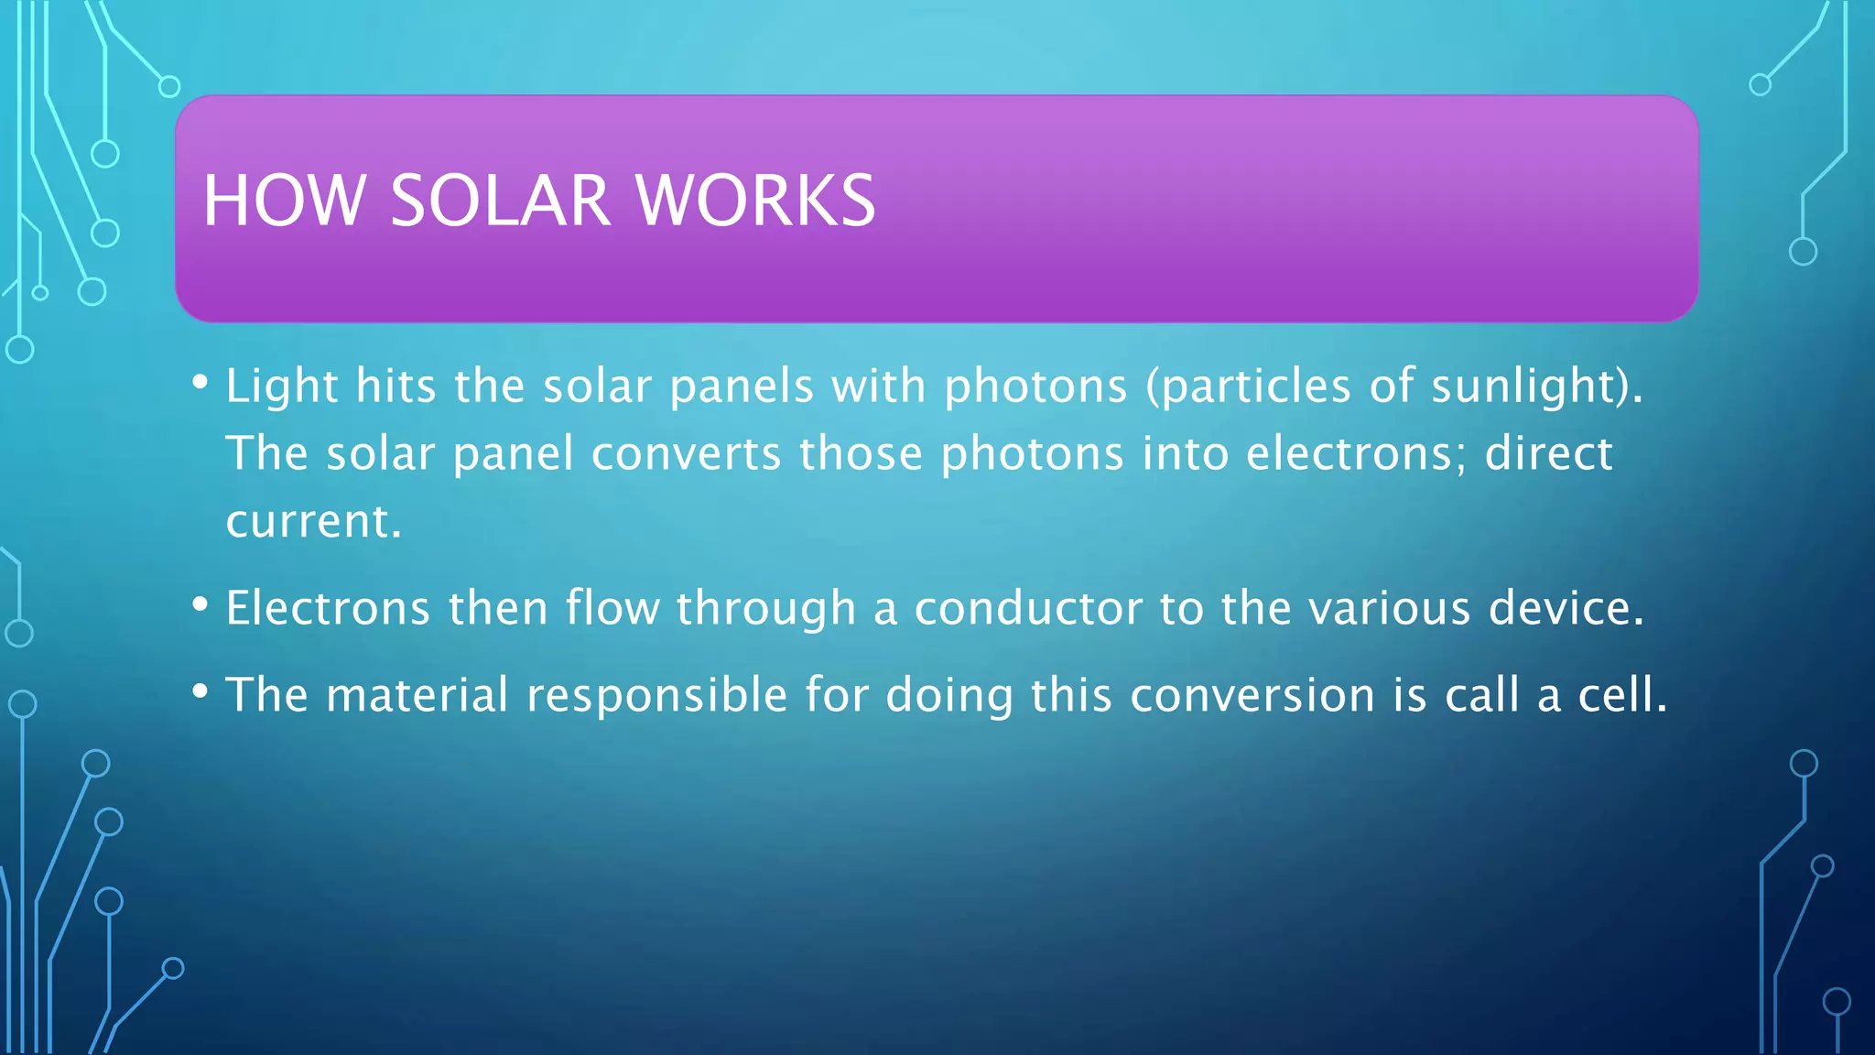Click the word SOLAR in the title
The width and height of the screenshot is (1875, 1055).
tap(499, 201)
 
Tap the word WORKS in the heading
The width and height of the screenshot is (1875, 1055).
tap(755, 201)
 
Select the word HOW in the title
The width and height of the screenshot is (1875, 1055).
tap(284, 201)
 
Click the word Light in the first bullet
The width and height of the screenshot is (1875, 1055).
tap(282, 386)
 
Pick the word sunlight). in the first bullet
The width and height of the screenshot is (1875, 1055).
tap(1537, 386)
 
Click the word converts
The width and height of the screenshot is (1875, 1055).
tap(686, 454)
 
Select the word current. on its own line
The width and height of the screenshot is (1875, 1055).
tap(314, 522)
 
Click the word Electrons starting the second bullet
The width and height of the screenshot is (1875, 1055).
tap(328, 609)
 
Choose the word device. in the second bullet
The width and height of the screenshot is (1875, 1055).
tap(1566, 609)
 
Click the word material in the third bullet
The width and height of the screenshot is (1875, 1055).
tap(417, 695)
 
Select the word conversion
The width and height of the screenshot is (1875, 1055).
tap(1252, 695)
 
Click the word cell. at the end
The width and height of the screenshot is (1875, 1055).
tap(1622, 695)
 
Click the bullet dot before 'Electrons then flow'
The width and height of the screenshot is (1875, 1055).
tap(201, 604)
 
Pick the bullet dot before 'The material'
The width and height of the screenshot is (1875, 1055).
tap(201, 691)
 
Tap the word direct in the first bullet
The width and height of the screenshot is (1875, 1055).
tap(1548, 454)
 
